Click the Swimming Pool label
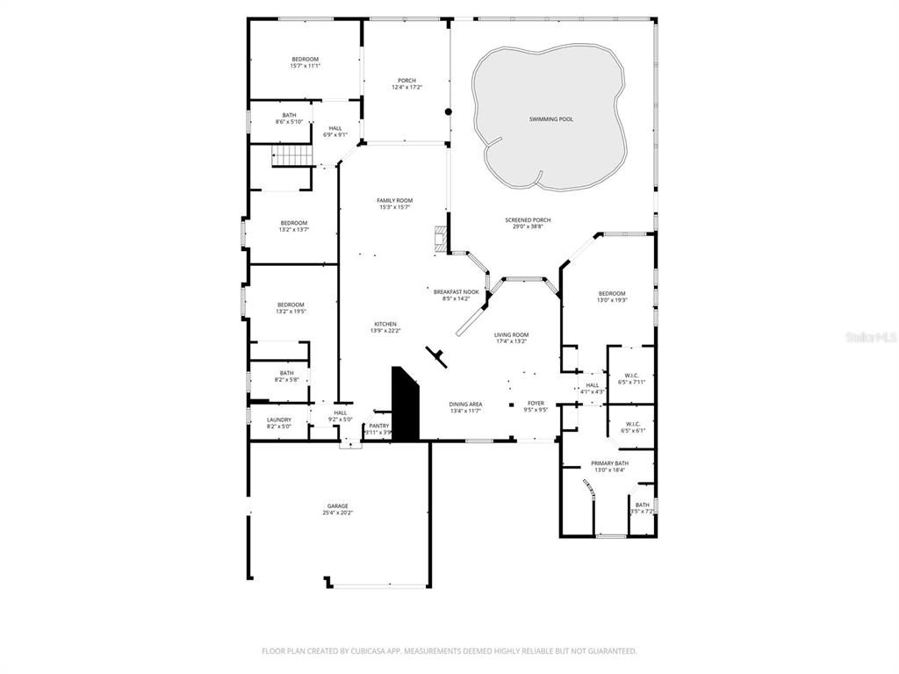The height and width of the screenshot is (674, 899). click(551, 118)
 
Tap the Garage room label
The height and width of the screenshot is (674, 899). click(338, 505)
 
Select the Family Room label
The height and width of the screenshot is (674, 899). click(394, 200)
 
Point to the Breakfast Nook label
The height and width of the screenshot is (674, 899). click(457, 291)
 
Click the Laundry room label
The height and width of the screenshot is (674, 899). click(278, 419)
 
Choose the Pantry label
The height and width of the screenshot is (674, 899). click(378, 426)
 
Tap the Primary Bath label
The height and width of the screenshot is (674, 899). click(609, 462)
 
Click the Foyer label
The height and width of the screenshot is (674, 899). click(536, 403)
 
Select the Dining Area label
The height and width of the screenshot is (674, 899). click(466, 404)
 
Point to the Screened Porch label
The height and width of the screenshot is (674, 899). click(529, 220)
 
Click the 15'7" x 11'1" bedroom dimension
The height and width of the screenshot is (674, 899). click(305, 66)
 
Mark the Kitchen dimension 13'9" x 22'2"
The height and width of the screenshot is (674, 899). click(385, 331)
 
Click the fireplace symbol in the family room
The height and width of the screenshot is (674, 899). click(440, 238)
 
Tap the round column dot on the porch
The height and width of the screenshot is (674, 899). click(448, 111)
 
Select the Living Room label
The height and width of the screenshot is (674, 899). click(511, 334)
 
